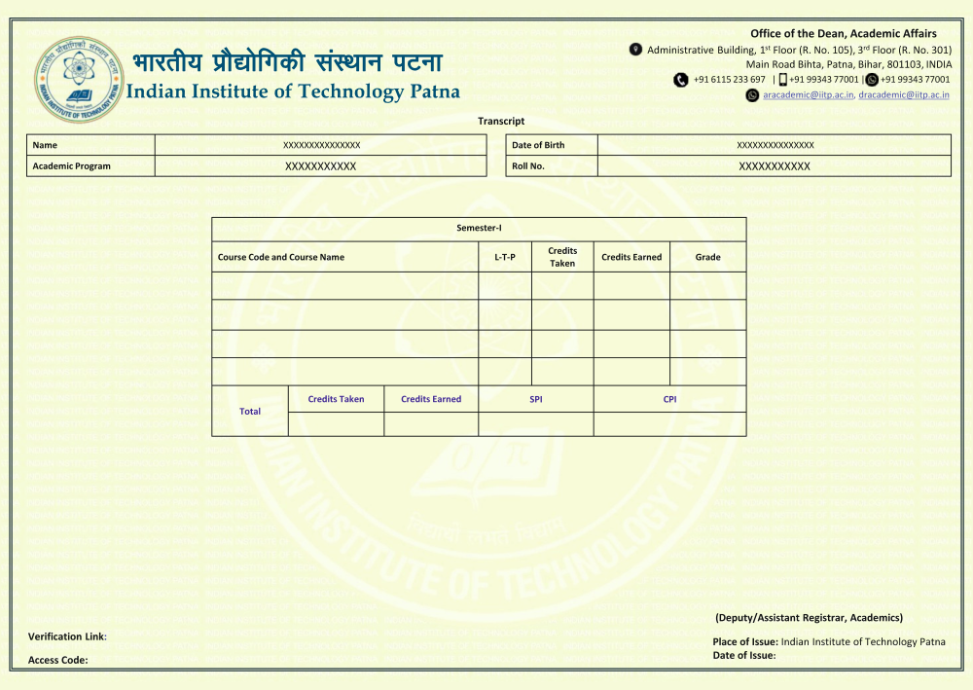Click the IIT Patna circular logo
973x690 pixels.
pos(80,79)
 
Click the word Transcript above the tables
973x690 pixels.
pos(501,121)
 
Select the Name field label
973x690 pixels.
pos(45,145)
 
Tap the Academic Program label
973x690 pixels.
pos(71,166)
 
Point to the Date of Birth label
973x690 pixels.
pos(538,145)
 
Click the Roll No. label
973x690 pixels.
pos(528,166)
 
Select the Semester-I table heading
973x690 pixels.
pos(479,228)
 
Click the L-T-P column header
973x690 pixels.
pos(504,257)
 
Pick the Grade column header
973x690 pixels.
pos(707,257)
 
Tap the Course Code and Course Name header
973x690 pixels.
pos(281,257)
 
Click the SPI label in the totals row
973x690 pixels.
pos(535,399)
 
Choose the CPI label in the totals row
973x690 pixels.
pos(669,399)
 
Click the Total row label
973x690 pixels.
pos(250,412)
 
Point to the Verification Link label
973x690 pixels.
pos(67,636)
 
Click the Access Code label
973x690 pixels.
pos(57,660)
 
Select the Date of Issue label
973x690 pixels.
pos(743,655)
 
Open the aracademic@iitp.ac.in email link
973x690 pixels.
pos(808,94)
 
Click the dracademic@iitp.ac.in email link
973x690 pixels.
pos(904,94)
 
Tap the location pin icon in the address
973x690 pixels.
pos(636,50)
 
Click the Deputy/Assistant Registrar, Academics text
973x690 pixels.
pos(809,617)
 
